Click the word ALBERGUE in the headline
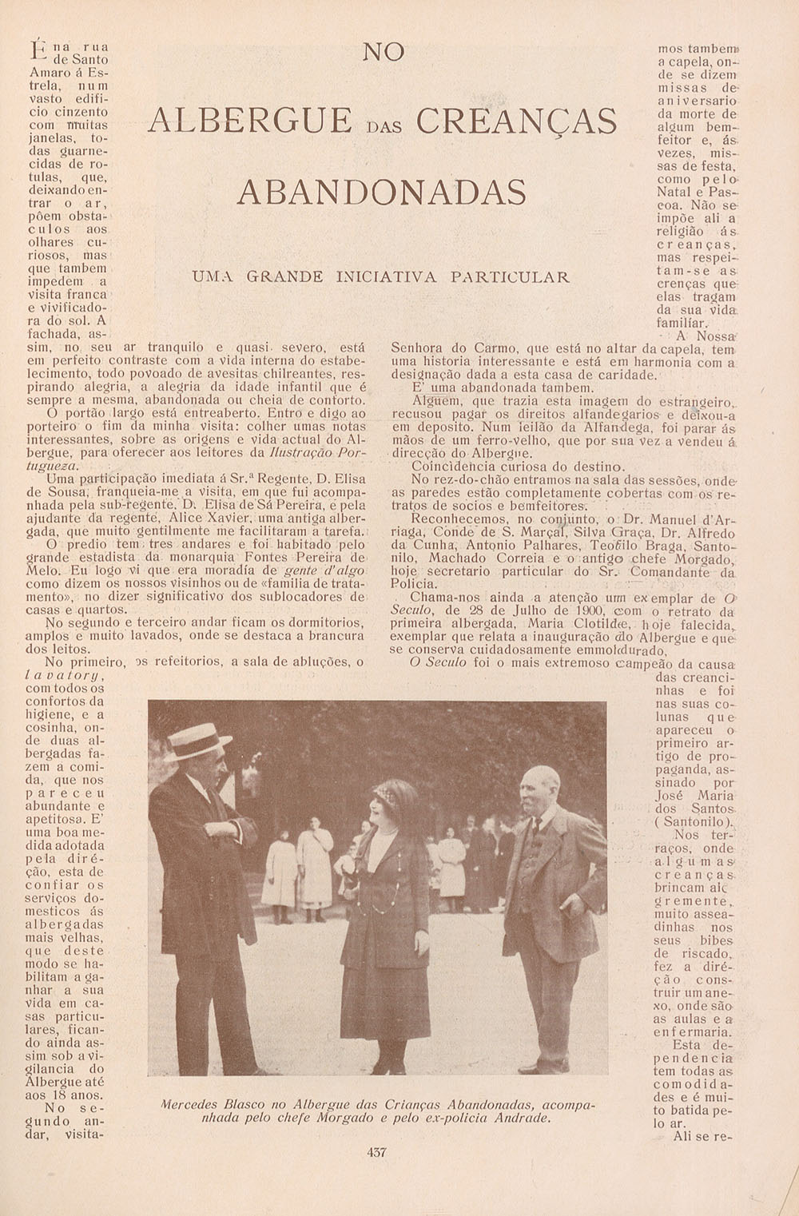point(250,121)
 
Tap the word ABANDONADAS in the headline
point(383,193)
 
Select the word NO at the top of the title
point(384,53)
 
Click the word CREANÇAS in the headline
point(517,121)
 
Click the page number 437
point(376,1152)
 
